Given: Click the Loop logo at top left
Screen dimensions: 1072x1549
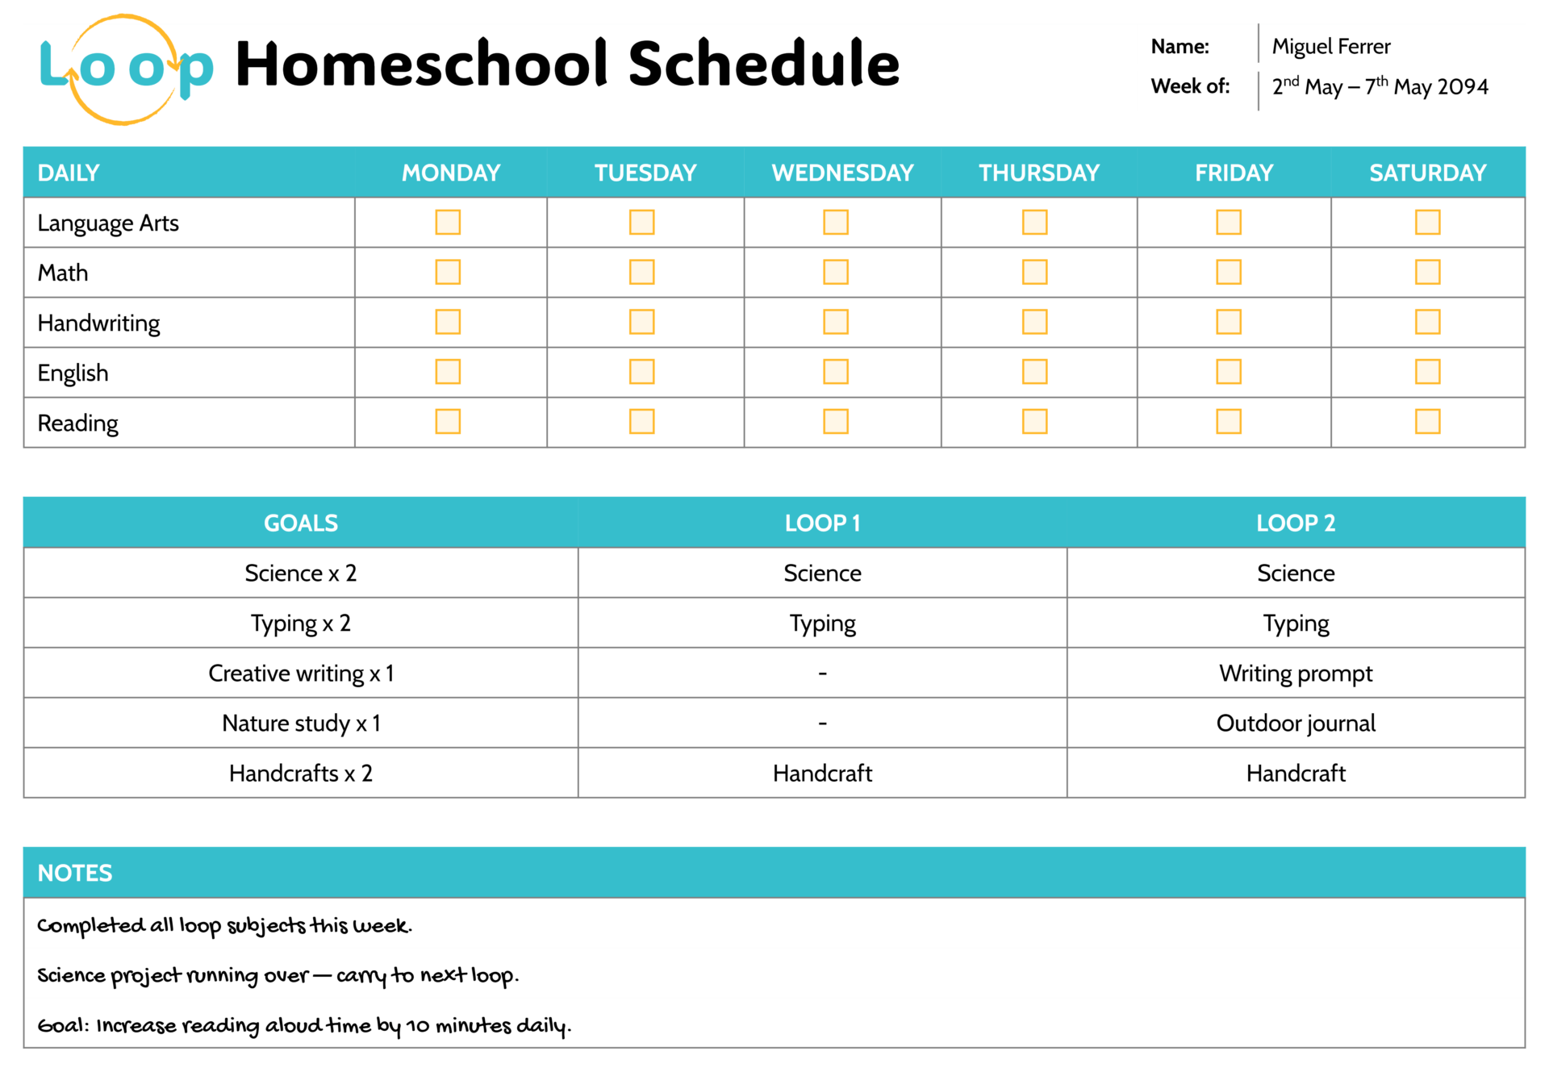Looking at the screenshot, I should [x=125, y=69].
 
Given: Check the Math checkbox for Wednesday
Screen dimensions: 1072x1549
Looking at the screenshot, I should [x=835, y=272].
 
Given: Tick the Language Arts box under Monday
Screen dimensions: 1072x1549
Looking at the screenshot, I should [x=448, y=222].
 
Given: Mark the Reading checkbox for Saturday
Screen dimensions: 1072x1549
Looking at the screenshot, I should [x=1427, y=421].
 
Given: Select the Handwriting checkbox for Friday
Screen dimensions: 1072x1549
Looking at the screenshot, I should [x=1228, y=322].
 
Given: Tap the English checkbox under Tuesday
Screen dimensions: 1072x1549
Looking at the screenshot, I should [x=641, y=372].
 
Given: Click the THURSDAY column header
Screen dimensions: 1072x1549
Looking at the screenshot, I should [x=1038, y=173].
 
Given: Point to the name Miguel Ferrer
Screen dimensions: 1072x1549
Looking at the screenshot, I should [x=1330, y=47].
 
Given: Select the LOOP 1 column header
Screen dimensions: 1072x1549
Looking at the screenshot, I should [x=822, y=523].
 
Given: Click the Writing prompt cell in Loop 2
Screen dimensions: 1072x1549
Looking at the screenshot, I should [x=1295, y=673].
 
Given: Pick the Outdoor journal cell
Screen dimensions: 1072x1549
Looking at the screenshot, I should [x=1295, y=723].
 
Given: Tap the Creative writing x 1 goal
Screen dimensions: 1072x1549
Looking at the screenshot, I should [x=301, y=673].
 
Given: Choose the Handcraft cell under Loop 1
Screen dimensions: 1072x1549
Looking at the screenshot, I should [x=822, y=773].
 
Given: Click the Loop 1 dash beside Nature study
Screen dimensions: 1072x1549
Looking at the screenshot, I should [x=822, y=723].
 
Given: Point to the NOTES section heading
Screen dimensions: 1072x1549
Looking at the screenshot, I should [x=75, y=873].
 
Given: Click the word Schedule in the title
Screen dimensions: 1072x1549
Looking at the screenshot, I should [x=762, y=65].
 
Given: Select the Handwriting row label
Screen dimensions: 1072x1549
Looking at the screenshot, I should [x=98, y=323].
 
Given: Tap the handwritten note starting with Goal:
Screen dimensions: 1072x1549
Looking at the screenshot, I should [x=303, y=1025].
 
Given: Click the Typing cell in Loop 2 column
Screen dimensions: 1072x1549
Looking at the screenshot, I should [x=1295, y=623].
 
